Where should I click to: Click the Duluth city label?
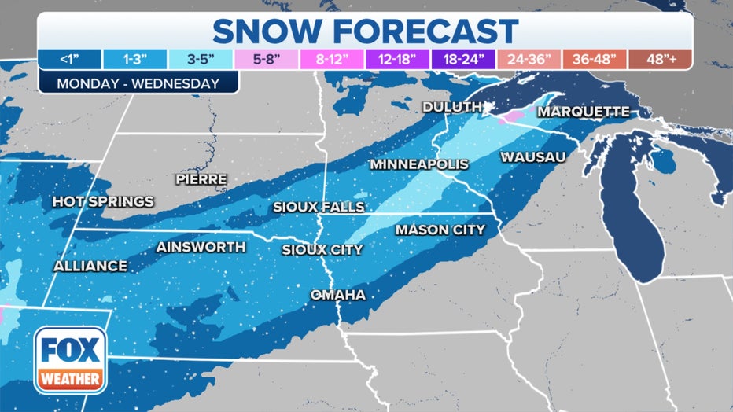coord(452,107)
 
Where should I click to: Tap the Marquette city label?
coord(583,112)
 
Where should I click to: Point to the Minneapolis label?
coord(419,164)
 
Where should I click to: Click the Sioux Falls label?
coord(319,207)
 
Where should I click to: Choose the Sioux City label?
coord(322,250)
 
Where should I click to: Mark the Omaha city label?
coord(337,295)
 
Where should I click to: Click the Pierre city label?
coord(201,179)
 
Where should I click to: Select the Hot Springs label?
coord(103,202)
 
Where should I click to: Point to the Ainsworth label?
coord(201,247)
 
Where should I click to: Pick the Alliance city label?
coord(90,267)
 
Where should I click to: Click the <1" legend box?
coord(69,59)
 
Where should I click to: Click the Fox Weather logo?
coord(69,359)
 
